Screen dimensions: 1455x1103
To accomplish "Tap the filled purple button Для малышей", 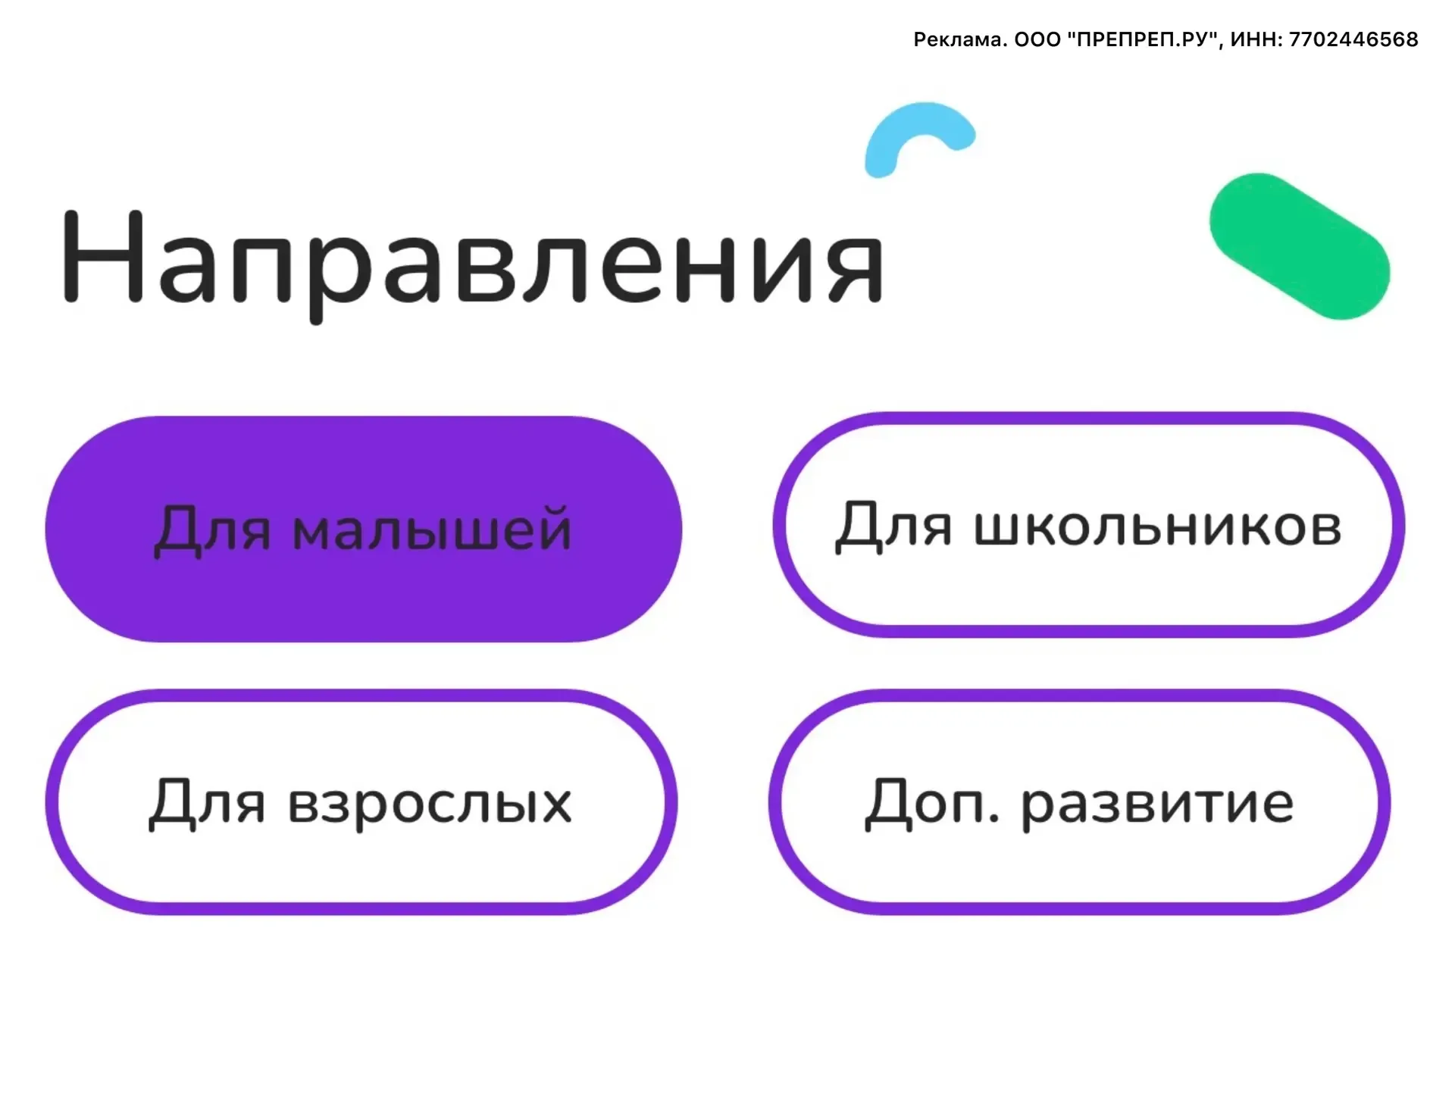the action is [364, 529].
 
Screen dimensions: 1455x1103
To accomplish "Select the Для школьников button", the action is [1089, 525].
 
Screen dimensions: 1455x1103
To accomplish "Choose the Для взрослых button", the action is [361, 801].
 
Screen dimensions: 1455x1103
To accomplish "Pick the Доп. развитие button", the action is [1080, 801].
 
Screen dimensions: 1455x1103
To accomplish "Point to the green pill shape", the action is [1300, 246].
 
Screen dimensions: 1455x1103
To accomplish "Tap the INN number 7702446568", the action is [1353, 39].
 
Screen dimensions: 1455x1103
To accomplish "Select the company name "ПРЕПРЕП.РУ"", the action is [1144, 39].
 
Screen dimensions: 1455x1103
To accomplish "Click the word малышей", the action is [432, 529].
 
